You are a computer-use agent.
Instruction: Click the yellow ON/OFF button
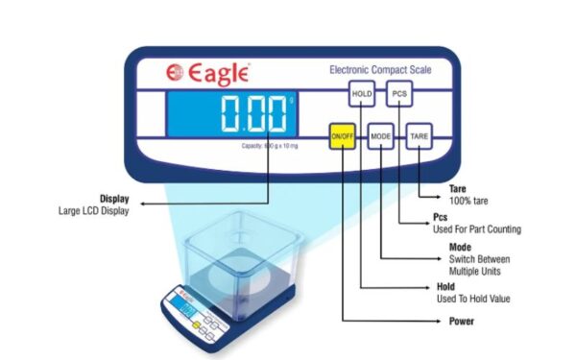[x=343, y=137]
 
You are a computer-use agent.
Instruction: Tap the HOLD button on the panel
[x=361, y=94]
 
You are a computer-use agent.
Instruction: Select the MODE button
[x=381, y=137]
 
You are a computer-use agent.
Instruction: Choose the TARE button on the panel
[x=420, y=137]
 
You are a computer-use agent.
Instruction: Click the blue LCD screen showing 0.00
[x=231, y=113]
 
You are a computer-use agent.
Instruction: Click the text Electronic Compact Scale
[x=380, y=70]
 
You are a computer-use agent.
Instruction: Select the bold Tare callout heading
[x=457, y=189]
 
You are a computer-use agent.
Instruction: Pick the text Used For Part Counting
[x=478, y=230]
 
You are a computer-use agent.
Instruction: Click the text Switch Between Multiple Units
[x=479, y=265]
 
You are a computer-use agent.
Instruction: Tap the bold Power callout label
[x=463, y=322]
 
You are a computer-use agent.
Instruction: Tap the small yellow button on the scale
[x=198, y=325]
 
